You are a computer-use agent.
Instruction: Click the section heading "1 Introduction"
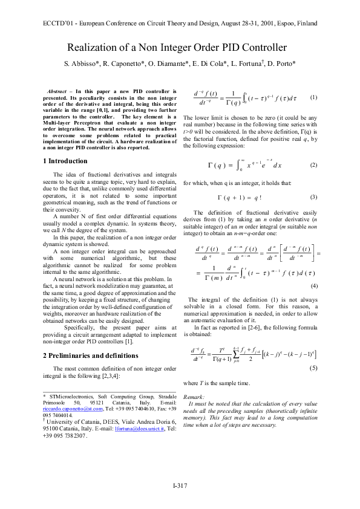66,161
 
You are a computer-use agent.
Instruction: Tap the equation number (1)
313,97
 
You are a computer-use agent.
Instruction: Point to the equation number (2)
313,165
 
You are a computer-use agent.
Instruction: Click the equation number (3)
313,197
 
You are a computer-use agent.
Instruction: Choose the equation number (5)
314,368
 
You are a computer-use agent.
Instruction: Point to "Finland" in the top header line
304,24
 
